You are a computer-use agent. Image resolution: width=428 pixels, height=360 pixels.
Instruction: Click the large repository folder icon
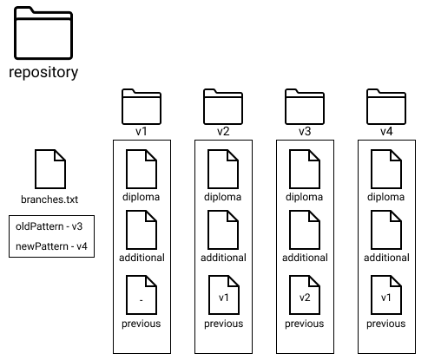point(43,33)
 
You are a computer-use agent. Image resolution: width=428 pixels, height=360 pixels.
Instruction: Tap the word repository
point(43,72)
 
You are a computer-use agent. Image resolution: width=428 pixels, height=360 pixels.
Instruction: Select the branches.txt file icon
point(50,169)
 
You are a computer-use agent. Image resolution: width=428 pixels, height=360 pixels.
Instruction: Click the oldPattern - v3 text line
point(49,226)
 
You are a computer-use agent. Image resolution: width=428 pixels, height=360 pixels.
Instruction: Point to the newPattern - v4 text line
point(51,246)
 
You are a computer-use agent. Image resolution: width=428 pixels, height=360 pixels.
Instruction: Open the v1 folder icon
point(142,107)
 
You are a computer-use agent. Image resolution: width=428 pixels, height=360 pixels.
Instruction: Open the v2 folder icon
point(223,107)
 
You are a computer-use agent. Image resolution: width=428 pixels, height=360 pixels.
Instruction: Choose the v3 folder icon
point(305,107)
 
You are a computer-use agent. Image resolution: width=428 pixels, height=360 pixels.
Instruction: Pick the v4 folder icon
point(386,107)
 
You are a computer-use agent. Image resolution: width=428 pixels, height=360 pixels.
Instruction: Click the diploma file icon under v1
point(142,169)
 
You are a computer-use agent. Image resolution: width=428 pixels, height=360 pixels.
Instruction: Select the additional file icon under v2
point(223,230)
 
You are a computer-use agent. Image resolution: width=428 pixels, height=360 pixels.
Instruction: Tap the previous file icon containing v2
point(305,295)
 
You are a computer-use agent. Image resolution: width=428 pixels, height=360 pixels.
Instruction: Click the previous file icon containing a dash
point(142,295)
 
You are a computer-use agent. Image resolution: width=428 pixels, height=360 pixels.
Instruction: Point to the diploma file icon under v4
point(386,169)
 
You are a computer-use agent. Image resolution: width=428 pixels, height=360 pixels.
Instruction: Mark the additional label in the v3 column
point(305,258)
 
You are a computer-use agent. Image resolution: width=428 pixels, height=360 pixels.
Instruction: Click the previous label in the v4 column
point(386,324)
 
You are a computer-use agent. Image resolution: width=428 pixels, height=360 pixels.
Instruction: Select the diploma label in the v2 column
point(222,197)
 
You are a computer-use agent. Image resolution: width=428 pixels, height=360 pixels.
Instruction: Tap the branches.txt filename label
point(49,200)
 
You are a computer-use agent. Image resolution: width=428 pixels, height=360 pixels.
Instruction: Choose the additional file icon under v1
point(142,230)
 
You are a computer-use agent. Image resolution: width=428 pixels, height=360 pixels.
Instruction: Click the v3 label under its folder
point(305,132)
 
